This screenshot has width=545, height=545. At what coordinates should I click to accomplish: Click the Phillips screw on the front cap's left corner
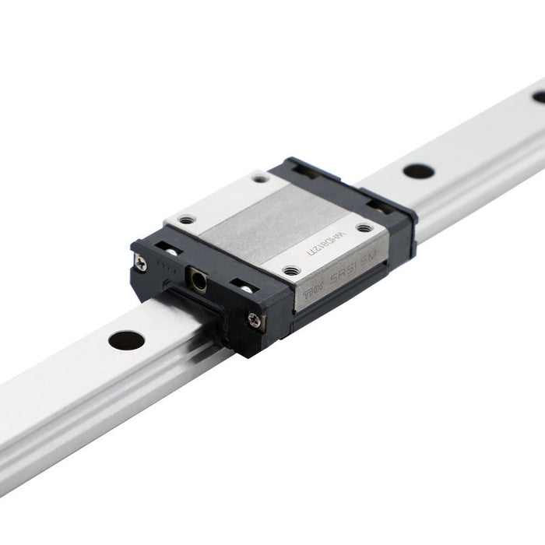coord(141,263)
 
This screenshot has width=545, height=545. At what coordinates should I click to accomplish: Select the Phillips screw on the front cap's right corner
coord(254,318)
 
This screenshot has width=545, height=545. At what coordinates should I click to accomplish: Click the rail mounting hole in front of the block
coord(126,339)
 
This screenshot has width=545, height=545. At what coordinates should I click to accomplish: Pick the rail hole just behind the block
coord(419,171)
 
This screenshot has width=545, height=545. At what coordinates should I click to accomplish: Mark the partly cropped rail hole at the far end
coord(539,97)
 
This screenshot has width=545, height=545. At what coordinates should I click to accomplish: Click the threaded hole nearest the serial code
coord(364,228)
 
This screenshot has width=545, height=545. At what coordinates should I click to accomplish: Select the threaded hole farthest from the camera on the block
coord(260,178)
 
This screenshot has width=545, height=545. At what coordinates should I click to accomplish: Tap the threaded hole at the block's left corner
coord(187,220)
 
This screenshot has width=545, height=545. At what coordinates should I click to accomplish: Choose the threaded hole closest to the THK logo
coord(291,271)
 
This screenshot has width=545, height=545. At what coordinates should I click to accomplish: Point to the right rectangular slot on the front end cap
coord(244,286)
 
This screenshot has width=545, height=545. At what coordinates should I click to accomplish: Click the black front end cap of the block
coord(210,300)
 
